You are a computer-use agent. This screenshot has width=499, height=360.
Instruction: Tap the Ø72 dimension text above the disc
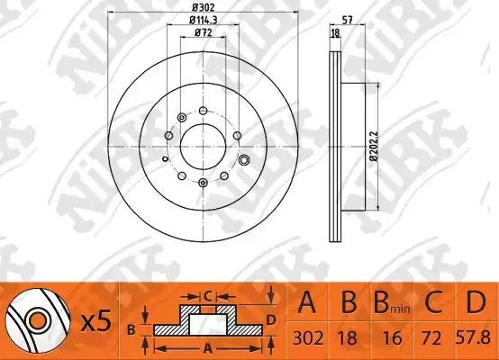pyautogui.click(x=203, y=33)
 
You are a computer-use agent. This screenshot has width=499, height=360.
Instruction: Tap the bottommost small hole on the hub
pyautogui.click(x=203, y=184)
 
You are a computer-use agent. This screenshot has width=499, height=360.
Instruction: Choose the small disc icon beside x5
pyautogui.click(x=33, y=320)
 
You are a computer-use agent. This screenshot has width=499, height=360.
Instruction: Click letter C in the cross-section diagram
pyautogui.click(x=207, y=294)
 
